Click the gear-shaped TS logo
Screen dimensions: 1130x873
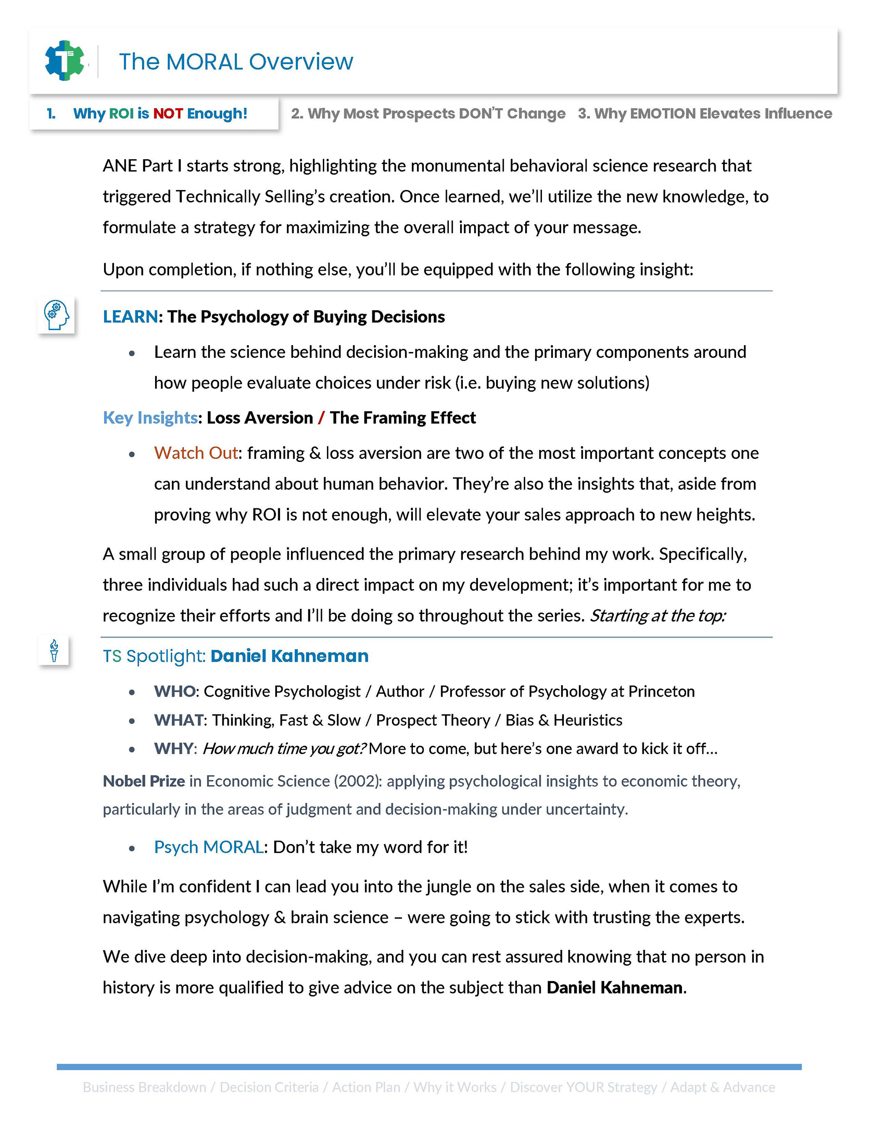65,60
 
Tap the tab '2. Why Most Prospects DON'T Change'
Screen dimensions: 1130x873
428,113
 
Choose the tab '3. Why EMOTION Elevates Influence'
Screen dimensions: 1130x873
705,113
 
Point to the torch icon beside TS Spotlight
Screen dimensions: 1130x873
54,650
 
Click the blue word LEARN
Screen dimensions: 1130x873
130,316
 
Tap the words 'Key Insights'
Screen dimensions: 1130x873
150,417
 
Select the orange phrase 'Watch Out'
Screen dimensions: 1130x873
196,453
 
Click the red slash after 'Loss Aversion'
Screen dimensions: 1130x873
321,417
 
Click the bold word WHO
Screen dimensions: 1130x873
175,691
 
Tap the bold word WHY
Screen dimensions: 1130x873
173,748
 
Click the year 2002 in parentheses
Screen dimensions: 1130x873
355,781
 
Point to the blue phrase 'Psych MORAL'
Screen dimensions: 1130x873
209,847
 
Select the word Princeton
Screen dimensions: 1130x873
662,691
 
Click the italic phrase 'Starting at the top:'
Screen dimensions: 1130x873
658,616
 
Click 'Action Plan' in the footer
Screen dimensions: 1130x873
366,1087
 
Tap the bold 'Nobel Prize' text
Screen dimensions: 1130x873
144,781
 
